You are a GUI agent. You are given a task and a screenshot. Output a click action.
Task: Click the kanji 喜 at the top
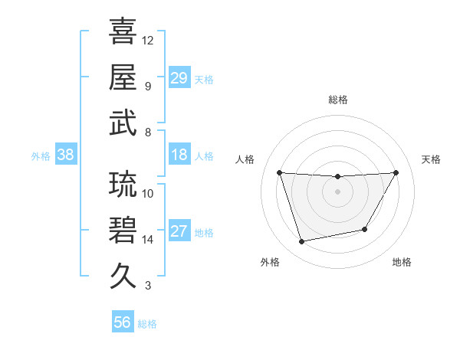[123, 32]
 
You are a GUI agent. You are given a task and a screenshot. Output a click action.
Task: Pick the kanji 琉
[123, 185]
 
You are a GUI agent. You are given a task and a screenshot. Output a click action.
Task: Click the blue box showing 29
[179, 77]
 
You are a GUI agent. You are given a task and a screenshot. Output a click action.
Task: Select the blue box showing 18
[179, 155]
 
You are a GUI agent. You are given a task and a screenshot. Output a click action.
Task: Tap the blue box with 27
[179, 232]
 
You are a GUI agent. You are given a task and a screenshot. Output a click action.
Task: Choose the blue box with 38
[65, 155]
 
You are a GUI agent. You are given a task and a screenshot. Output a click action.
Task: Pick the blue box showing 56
[123, 322]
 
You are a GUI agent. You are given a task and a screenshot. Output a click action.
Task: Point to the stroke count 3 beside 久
[148, 286]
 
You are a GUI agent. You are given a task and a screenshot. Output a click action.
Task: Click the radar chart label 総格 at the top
[338, 100]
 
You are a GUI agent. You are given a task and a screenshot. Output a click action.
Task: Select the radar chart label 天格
[431, 159]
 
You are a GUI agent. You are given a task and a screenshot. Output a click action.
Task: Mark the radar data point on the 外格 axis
[301, 241]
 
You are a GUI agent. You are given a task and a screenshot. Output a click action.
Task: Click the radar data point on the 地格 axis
[365, 229]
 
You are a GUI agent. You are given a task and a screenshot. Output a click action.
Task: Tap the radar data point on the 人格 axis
[279, 172]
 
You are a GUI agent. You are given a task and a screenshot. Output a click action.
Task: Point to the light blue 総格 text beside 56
[148, 324]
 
